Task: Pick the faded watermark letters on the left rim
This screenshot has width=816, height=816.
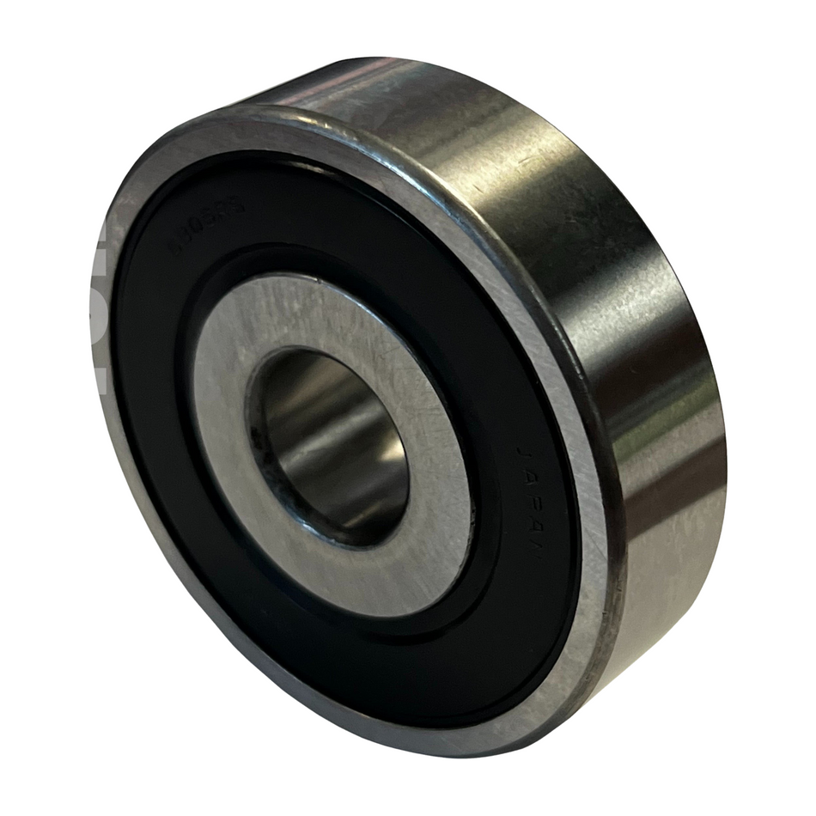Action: point(96,309)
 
